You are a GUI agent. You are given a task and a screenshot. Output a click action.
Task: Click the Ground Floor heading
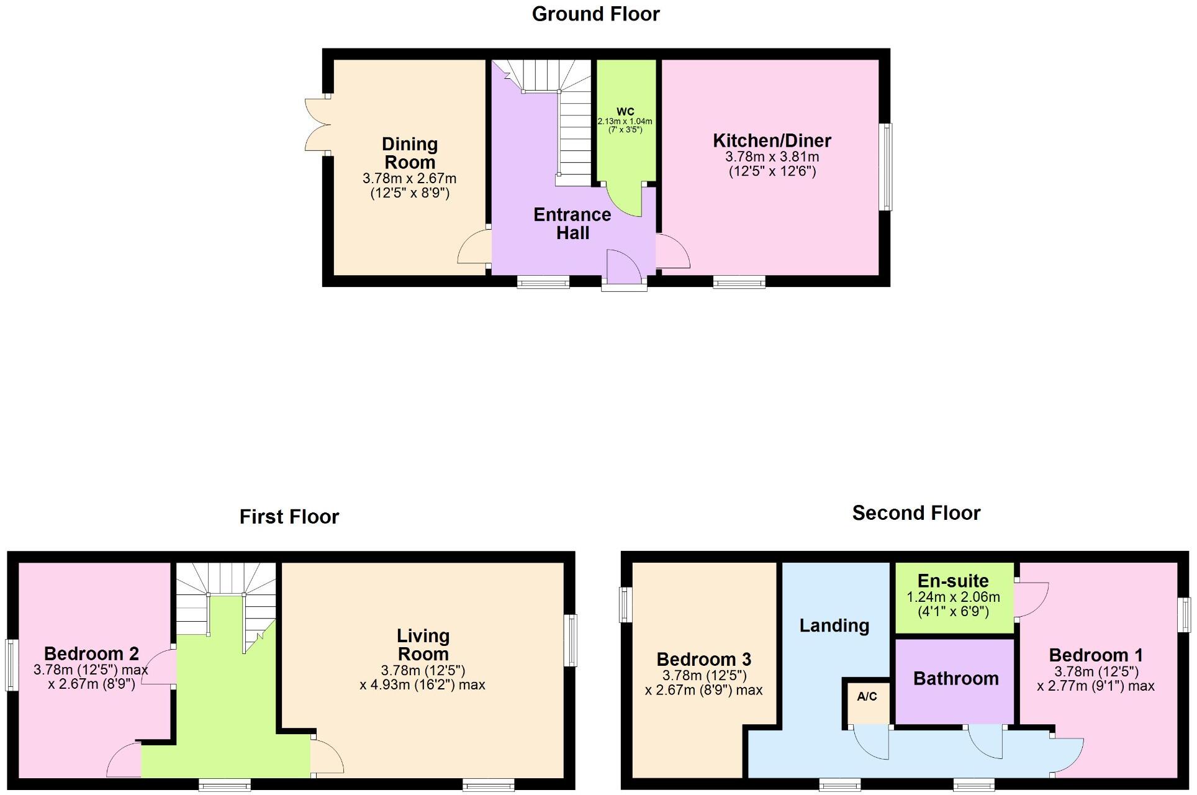pyautogui.click(x=595, y=14)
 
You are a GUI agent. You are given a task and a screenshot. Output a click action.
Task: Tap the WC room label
pyautogui.click(x=625, y=112)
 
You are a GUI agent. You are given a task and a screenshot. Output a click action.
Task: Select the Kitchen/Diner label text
pyautogui.click(x=772, y=140)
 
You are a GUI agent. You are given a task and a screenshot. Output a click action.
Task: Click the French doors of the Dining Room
pyautogui.click(x=317, y=124)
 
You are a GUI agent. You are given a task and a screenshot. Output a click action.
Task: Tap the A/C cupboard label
pyautogui.click(x=867, y=696)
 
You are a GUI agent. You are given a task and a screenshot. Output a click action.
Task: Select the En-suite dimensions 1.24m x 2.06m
pyautogui.click(x=953, y=597)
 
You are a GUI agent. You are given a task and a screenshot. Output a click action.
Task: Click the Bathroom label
pyautogui.click(x=955, y=678)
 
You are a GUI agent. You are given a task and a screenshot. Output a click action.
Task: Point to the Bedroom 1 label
pyautogui.click(x=1095, y=655)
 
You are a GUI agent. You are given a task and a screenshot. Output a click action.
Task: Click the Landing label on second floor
pyautogui.click(x=834, y=625)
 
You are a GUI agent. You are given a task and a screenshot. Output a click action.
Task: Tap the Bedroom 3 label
pyautogui.click(x=703, y=659)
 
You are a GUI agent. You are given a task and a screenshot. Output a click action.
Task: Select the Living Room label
pyautogui.click(x=423, y=645)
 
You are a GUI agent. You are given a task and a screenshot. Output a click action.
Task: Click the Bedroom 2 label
pyautogui.click(x=91, y=653)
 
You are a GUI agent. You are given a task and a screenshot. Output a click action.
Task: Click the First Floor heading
pyautogui.click(x=289, y=517)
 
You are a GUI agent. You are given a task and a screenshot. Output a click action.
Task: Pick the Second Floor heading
pyautogui.click(x=916, y=513)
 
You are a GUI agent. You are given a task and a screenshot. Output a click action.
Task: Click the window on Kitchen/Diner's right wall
pyautogui.click(x=887, y=166)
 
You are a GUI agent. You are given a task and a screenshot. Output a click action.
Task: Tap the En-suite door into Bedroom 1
pyautogui.click(x=1032, y=600)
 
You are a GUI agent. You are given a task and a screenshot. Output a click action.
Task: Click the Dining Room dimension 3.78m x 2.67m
pyautogui.click(x=409, y=179)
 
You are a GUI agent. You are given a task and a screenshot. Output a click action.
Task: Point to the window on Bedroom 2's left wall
pyautogui.click(x=11, y=665)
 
